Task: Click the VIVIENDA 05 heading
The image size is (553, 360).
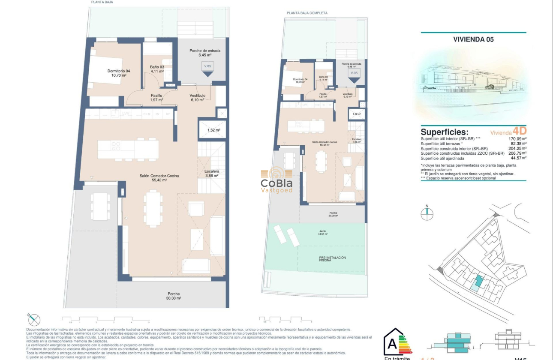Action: [473, 39]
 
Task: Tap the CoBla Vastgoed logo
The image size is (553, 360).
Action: [276, 180]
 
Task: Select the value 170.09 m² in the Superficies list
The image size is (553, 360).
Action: [517, 139]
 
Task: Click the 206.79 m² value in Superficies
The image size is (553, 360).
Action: [517, 153]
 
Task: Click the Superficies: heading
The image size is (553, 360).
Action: [444, 132]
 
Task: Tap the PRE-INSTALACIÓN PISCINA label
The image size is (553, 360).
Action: [332, 258]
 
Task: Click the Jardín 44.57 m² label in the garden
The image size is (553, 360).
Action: [322, 233]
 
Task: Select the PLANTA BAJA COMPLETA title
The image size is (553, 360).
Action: [307, 13]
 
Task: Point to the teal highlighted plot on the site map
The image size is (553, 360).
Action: [477, 282]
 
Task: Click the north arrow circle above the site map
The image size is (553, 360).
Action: [427, 214]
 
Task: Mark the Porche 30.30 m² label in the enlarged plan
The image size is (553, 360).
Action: [174, 296]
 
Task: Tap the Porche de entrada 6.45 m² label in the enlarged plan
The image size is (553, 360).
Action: [205, 53]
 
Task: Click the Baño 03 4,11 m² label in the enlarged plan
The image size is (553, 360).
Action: [157, 69]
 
